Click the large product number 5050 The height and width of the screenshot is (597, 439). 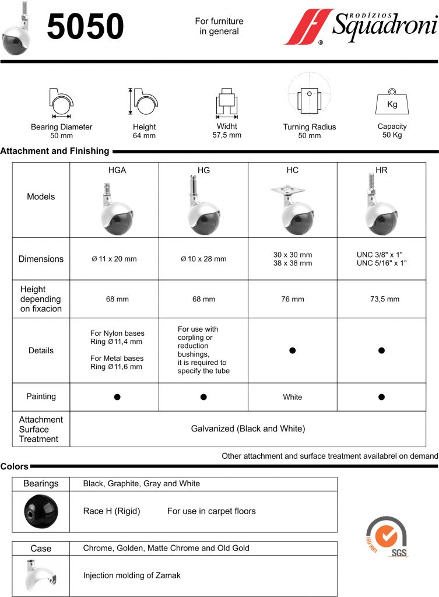pyautogui.click(x=86, y=27)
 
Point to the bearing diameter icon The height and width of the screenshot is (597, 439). pyautogui.click(x=61, y=104)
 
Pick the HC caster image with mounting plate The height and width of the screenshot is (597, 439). pyautogui.click(x=293, y=209)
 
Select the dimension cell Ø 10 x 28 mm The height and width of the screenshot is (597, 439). pyautogui.click(x=203, y=259)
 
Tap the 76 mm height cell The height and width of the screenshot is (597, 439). pyautogui.click(x=293, y=300)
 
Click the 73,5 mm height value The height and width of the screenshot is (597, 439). pyautogui.click(x=381, y=300)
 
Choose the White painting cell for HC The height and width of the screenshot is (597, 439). pyautogui.click(x=293, y=397)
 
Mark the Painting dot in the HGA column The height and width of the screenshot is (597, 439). pyautogui.click(x=117, y=397)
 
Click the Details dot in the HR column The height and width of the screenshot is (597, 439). pyautogui.click(x=381, y=350)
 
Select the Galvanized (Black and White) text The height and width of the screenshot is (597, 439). pyautogui.click(x=248, y=429)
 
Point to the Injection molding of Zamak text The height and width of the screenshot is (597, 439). pyautogui.click(x=132, y=575)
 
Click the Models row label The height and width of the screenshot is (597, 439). pyautogui.click(x=41, y=197)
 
